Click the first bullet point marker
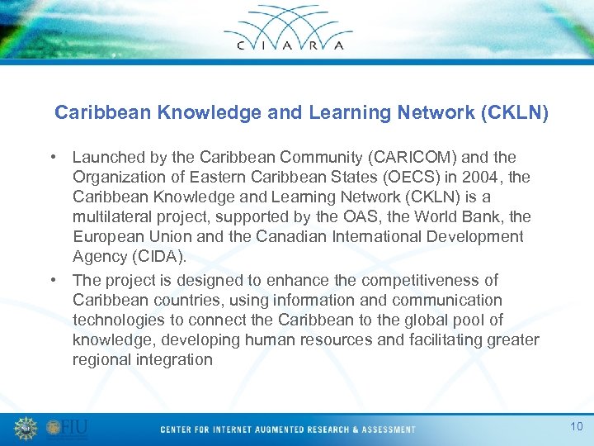click(53, 157)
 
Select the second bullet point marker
click(53, 280)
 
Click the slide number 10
click(576, 425)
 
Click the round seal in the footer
click(26, 428)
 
